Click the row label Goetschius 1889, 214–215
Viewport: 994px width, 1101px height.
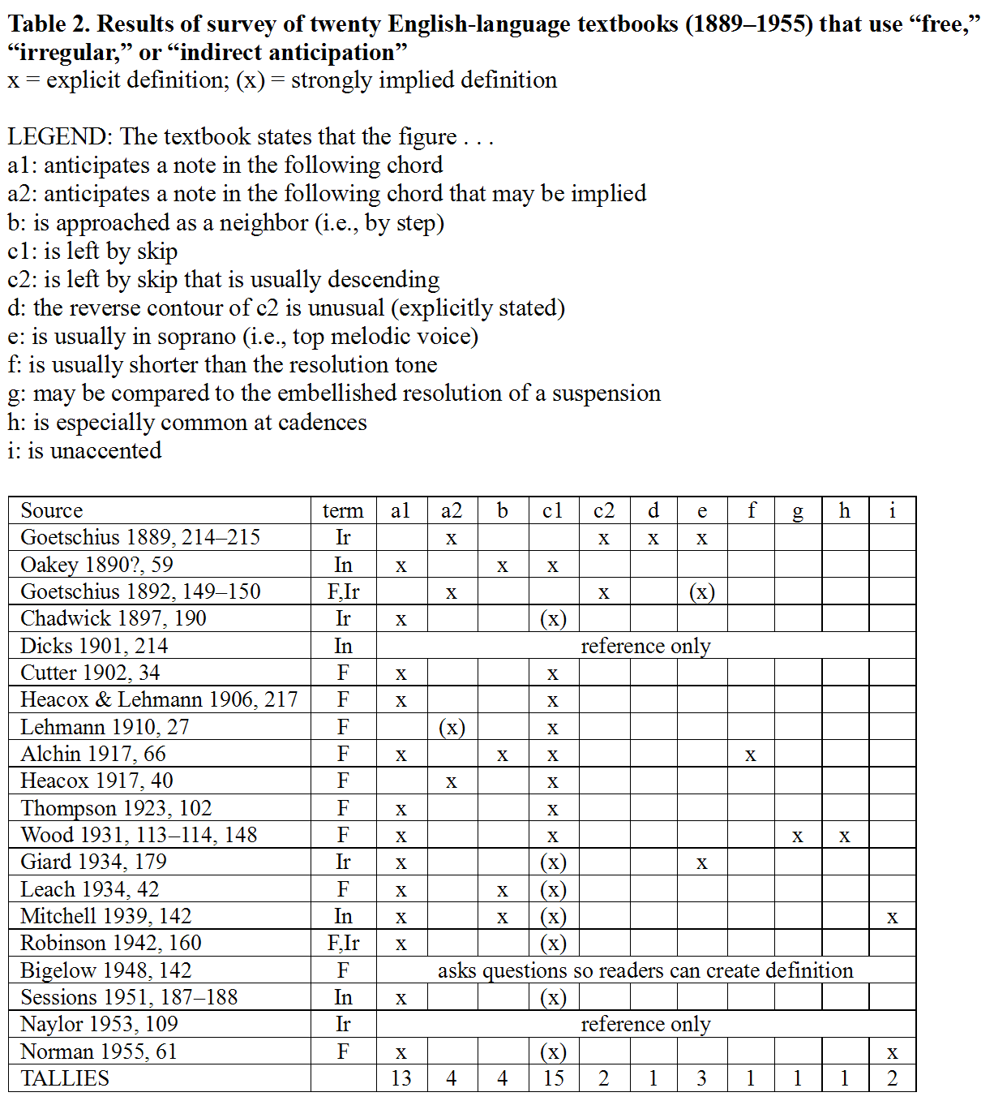point(140,537)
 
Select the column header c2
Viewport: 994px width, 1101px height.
point(604,510)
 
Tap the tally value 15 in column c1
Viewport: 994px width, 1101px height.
point(553,1078)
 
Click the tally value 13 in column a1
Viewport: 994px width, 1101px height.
point(401,1078)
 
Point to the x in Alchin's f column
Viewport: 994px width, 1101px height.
point(751,755)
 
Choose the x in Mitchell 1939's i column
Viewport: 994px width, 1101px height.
point(893,918)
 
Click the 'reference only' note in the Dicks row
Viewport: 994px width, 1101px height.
point(645,646)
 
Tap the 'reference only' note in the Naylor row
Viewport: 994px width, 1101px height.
point(645,1024)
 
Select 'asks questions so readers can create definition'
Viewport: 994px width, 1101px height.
point(645,970)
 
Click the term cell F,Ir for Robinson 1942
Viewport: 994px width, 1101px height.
point(343,943)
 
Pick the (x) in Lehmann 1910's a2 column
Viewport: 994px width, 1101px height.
point(452,727)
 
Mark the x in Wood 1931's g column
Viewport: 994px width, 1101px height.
point(798,837)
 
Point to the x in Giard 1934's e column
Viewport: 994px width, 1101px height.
point(701,863)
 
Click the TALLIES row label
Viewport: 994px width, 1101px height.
point(65,1078)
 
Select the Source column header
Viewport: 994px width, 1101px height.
point(52,510)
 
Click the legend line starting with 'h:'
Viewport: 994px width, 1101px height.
point(187,422)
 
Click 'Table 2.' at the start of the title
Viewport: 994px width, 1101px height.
point(48,24)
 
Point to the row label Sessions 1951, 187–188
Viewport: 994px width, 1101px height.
point(129,997)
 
